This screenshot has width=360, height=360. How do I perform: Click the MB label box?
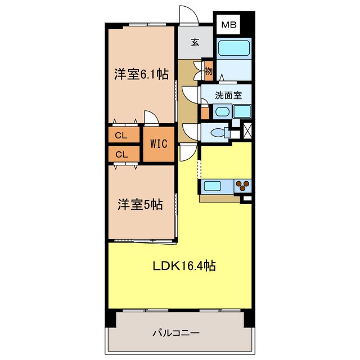228,24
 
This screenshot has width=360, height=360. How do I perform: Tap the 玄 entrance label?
195,42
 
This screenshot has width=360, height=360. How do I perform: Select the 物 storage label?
208,71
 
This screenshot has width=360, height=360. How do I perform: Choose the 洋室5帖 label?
140,204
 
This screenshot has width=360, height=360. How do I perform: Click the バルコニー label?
176,333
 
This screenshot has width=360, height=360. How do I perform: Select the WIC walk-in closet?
158,143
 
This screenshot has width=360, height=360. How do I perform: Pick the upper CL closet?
120,136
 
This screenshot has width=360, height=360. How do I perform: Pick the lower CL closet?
120,154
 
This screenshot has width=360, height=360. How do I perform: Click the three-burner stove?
243,185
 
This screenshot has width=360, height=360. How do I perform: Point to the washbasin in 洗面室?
222,111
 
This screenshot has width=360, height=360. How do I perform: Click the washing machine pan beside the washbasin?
242,111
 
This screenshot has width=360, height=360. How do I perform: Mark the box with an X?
247,130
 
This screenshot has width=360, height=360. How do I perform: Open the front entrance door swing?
187,15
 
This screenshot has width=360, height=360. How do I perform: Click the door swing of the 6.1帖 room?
151,118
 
